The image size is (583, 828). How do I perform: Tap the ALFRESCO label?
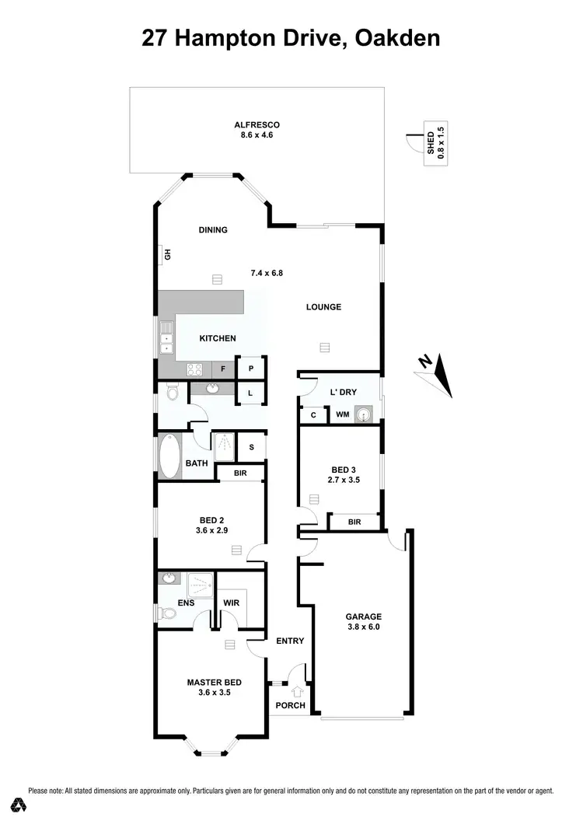tap(257, 125)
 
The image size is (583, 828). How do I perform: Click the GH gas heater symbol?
tap(166, 253)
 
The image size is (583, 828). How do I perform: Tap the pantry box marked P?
tap(251, 369)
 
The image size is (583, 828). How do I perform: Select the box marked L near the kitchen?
tap(250, 394)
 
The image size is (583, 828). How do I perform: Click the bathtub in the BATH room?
tap(169, 456)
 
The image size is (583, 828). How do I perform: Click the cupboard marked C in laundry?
tap(313, 415)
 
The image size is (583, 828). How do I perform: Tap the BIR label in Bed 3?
tap(354, 522)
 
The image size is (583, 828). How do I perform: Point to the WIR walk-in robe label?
tap(231, 603)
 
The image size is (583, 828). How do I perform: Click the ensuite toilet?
tap(166, 614)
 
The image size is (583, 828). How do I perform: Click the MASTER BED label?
tap(209, 683)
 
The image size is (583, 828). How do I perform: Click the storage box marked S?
tap(251, 447)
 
